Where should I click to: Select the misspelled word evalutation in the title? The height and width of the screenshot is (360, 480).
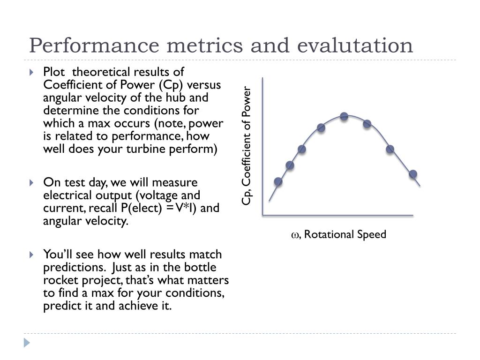coord(354,46)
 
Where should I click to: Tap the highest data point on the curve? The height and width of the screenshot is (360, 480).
coord(344,116)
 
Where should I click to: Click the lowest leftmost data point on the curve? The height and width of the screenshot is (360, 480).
coord(278,181)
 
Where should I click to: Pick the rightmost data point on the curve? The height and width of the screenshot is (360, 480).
coord(413,174)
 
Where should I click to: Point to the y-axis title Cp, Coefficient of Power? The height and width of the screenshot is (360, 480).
coord(247,146)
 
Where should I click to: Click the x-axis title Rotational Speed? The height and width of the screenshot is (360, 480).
coord(345,234)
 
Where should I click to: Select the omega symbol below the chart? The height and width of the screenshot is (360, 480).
coord(295,235)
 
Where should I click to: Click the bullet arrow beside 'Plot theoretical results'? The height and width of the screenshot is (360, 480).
coord(31,73)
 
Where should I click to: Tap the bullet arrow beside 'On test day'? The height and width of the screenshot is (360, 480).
coord(31,183)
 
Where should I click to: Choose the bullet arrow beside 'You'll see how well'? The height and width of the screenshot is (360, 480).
coord(31,255)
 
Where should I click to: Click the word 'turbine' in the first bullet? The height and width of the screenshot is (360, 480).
coord(154,149)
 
